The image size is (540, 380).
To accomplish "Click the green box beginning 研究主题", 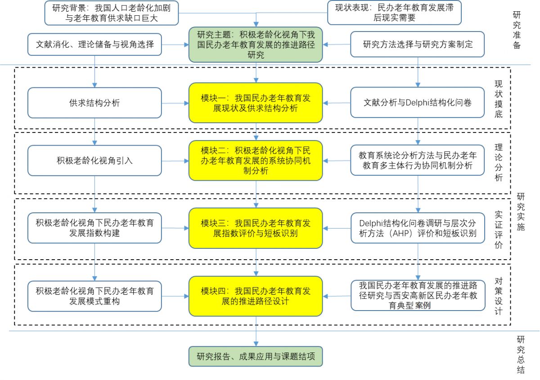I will click(256, 45).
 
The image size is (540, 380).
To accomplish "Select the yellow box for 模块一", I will click(256, 103).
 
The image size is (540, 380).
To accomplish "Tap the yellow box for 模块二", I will click(256, 160).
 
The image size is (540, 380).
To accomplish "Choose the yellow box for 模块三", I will click(256, 228).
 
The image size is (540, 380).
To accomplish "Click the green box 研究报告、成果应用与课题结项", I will click(256, 357).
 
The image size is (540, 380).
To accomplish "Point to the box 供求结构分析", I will click(94, 103).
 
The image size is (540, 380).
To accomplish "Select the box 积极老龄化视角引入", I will click(94, 160).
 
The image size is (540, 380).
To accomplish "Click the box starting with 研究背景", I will click(111, 13).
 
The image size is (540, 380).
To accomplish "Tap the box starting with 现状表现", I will click(394, 13).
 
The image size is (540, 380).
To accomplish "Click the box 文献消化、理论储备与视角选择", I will click(94, 44).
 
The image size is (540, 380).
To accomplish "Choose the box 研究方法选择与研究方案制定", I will click(417, 44).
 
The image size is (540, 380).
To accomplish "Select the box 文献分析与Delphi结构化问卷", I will click(417, 103).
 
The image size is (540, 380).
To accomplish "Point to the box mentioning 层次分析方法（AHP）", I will click(417, 228).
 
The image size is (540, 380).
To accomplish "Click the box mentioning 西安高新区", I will click(417, 296).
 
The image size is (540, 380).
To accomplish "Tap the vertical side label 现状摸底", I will click(499, 100).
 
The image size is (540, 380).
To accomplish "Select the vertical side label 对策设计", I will click(499, 296).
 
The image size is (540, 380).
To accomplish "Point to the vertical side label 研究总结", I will click(521, 355).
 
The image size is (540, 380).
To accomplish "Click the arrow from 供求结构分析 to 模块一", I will click(175, 103).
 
